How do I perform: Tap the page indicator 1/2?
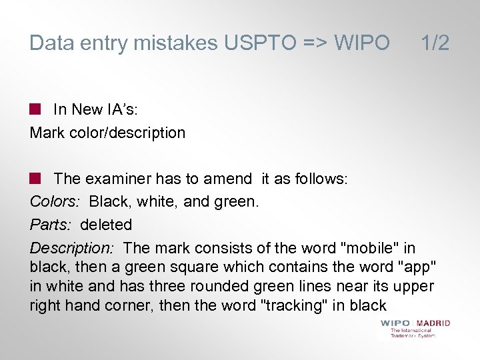click(x=435, y=43)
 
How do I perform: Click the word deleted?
click(x=106, y=225)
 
